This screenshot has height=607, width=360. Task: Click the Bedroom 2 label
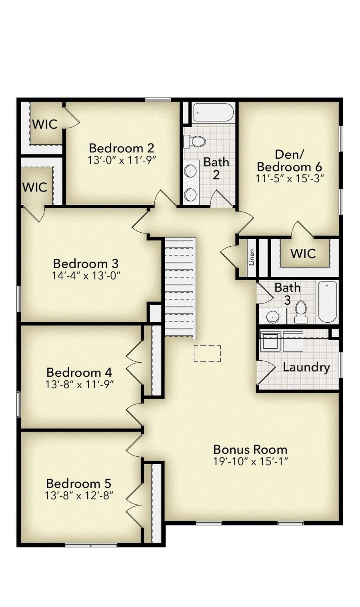point(121,148)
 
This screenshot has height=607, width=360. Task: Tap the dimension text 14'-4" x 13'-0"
point(86,276)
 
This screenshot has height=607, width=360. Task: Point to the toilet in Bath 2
point(194,141)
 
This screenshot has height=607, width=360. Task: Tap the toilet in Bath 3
point(300,312)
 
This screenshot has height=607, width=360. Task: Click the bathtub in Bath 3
point(327,302)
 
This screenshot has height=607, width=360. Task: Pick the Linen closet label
point(252,258)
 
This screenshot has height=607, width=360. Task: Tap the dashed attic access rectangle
point(207,353)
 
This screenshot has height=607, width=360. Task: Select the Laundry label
point(306,367)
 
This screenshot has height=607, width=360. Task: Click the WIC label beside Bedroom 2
point(45,124)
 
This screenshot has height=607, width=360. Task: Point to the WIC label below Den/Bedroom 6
point(303,253)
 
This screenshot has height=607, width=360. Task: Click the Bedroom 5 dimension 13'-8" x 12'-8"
point(79,495)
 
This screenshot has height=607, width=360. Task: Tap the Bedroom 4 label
point(79,372)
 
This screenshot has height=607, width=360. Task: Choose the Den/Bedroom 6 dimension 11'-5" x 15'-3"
point(289,178)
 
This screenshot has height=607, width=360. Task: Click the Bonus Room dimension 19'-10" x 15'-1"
point(250,461)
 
